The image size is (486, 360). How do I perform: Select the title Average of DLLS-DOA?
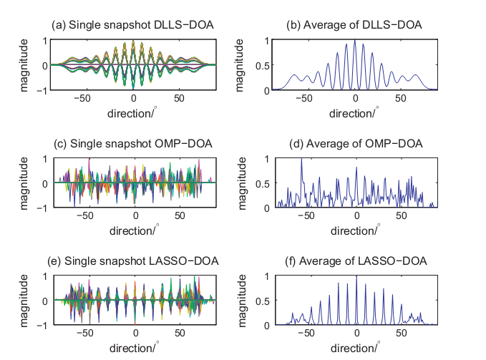pos(354,26)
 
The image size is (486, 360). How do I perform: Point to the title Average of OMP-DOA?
pos(354,143)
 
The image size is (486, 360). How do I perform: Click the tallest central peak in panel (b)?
pos(355,42)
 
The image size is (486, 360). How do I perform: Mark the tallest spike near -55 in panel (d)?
pos(301,159)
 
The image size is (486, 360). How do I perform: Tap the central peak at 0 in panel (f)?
pos(356,276)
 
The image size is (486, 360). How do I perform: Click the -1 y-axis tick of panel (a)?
pos(46,91)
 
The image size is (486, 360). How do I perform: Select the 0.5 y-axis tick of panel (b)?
pos(265,66)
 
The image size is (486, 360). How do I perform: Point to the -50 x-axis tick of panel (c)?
pos(85,215)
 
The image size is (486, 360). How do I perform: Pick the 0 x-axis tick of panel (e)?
pos(134,333)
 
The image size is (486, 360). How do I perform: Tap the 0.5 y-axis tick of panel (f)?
pos(265,301)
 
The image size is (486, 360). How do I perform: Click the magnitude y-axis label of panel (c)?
pos(24,183)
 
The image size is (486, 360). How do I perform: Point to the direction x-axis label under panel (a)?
pos(133,112)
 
